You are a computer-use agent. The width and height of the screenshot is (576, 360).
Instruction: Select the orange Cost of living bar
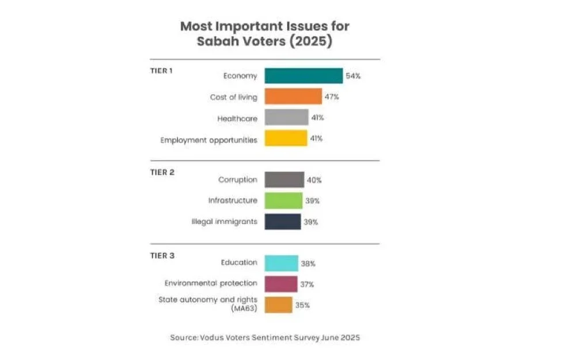(293, 97)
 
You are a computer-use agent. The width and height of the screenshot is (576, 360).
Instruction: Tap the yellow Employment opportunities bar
(286, 138)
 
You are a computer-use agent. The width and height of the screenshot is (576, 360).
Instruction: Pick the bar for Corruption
(284, 180)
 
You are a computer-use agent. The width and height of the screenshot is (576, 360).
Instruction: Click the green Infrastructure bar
(283, 200)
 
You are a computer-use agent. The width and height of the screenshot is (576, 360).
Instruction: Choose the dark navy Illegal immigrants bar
(283, 222)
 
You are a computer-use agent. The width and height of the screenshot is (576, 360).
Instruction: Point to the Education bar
(282, 263)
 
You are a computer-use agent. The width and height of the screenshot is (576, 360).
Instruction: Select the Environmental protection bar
(281, 284)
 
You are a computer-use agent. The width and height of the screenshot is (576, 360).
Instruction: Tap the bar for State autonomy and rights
(279, 305)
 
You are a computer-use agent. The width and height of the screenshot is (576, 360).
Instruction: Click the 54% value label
(353, 76)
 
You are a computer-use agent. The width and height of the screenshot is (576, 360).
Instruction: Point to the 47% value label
(332, 97)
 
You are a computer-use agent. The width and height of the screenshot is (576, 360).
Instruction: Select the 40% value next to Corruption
(314, 180)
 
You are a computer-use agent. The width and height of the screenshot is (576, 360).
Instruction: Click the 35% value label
(302, 305)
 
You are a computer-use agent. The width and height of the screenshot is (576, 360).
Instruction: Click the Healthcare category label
(237, 118)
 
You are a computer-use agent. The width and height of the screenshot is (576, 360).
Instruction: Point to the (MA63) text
(244, 309)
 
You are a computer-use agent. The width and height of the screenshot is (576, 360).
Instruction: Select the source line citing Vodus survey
(265, 338)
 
